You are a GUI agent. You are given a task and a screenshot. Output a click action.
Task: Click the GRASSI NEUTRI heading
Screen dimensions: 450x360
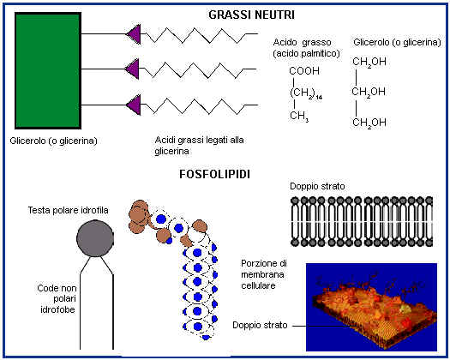(x=251, y=15)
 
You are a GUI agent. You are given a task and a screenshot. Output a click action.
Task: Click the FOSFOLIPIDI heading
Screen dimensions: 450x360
(x=214, y=174)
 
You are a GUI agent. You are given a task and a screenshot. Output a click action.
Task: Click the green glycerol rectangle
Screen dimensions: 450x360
(x=48, y=70)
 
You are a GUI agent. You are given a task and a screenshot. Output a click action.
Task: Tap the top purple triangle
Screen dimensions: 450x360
(x=134, y=34)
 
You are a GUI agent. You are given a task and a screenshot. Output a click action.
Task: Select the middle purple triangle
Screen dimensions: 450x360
(x=133, y=69)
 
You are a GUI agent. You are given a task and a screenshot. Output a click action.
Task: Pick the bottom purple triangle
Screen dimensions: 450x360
(x=134, y=105)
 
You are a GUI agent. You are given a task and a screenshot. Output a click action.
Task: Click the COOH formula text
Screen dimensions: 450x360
(x=304, y=71)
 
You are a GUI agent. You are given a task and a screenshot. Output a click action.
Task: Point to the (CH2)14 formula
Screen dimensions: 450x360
(x=306, y=93)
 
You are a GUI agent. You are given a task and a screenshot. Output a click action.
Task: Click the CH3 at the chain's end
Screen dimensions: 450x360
(x=299, y=116)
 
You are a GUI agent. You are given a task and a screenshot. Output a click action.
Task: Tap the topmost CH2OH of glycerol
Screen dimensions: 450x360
(x=369, y=62)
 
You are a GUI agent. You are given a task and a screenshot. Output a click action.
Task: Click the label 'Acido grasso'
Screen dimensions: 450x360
(x=302, y=42)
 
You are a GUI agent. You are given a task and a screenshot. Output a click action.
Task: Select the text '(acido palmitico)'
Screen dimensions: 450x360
(x=306, y=53)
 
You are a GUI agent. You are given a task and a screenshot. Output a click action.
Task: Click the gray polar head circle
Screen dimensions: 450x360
(x=95, y=238)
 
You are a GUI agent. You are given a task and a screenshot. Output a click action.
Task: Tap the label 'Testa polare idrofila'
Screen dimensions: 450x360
(x=68, y=211)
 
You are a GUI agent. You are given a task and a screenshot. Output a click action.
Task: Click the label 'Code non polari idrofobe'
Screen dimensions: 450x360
(x=57, y=299)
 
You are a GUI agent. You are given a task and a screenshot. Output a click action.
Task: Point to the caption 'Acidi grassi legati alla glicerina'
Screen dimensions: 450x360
(x=199, y=146)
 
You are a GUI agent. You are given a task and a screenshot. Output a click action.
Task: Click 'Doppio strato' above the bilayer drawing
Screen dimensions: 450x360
(x=317, y=186)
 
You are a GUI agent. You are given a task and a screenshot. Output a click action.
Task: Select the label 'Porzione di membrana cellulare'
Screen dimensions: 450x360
(x=264, y=274)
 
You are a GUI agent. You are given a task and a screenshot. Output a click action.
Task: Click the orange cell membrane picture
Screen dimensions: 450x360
(x=371, y=307)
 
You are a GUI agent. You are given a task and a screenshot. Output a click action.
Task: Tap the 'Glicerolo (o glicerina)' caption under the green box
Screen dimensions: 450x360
(x=54, y=141)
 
